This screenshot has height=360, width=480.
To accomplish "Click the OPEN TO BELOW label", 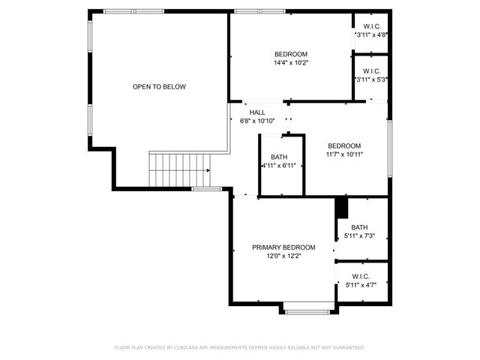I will coord(159,87).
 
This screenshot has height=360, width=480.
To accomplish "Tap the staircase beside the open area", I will coord(179,169).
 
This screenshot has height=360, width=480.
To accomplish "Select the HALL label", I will coord(247,112).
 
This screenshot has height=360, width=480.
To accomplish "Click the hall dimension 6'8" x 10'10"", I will coord(257,121).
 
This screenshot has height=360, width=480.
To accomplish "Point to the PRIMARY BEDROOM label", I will coord(283,247).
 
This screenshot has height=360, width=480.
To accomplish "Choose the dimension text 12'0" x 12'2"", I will coord(283,256).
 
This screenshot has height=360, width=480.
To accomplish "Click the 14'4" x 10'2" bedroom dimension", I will coord(291,62).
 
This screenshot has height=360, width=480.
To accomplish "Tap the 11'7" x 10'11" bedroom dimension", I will coord(344,154).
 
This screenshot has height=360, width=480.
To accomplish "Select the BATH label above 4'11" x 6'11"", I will coord(279,157).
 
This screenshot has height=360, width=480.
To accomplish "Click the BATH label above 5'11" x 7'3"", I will coord(359,227).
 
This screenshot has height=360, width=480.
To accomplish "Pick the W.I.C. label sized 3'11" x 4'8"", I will coord(371,26).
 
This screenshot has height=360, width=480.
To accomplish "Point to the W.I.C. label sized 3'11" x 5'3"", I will coord(371,71).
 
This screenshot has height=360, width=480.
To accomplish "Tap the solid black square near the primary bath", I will coord(342,206).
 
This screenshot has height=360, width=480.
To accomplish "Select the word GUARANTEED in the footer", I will coord(346,348).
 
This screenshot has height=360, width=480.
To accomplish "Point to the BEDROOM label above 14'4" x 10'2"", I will coord(291,54).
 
